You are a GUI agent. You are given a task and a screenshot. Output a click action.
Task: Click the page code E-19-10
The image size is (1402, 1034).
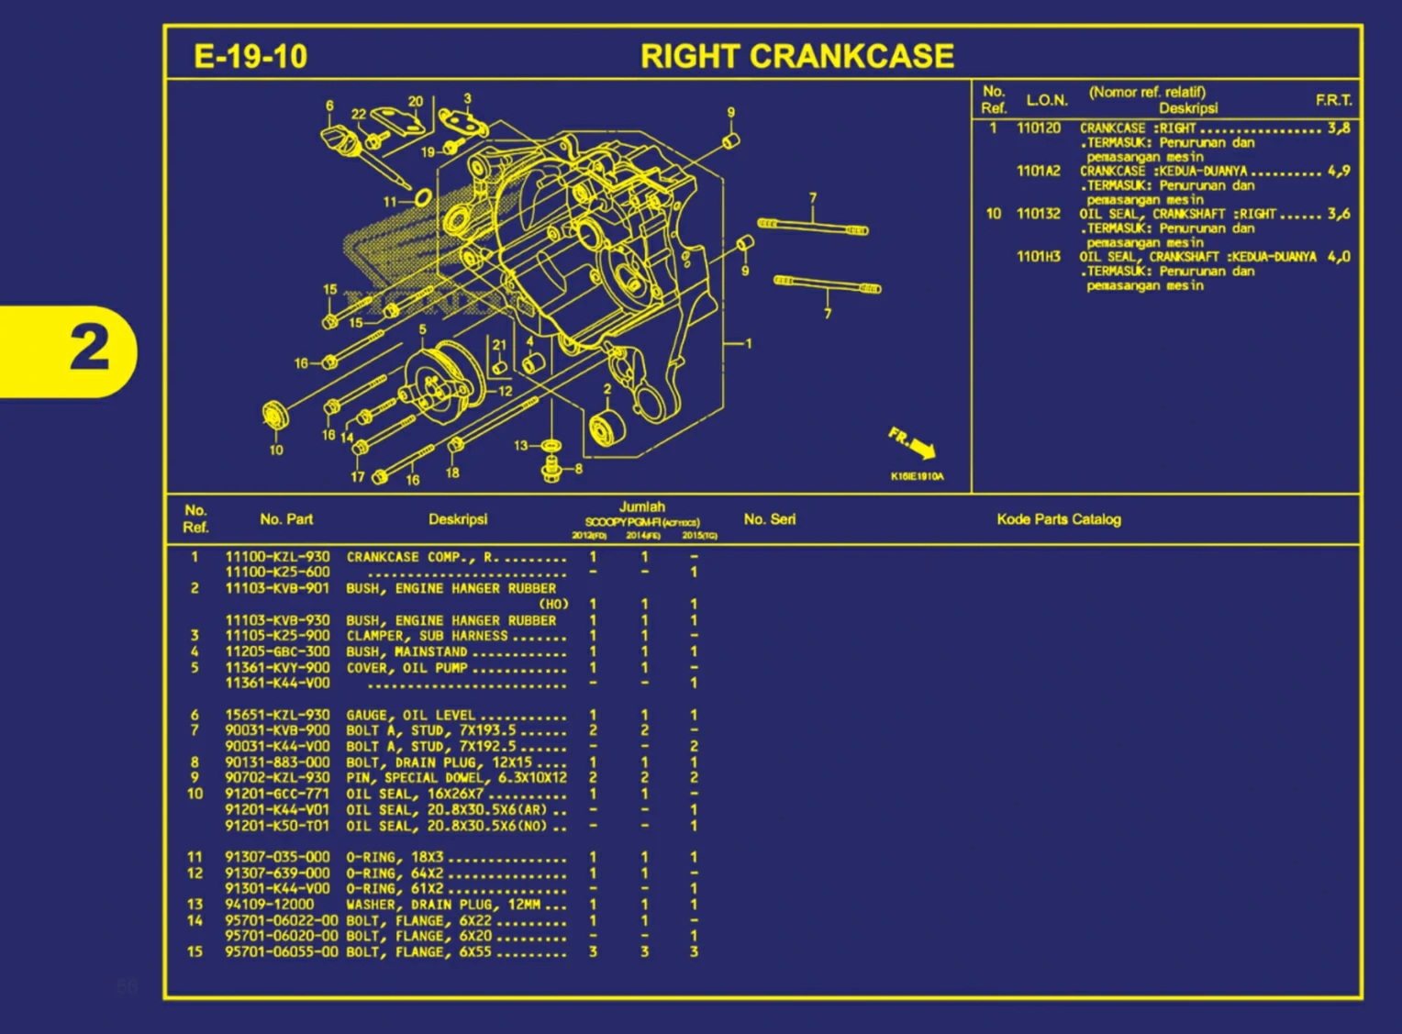coord(250,57)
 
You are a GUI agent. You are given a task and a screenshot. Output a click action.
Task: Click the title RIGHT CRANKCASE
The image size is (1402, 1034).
coord(796,57)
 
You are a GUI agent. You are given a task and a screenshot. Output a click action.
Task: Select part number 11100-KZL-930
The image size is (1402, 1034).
coord(277,557)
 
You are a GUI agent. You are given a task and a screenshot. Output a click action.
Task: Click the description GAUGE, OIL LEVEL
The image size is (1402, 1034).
coord(410,715)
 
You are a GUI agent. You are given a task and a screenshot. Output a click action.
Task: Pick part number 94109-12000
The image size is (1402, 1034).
coord(269,904)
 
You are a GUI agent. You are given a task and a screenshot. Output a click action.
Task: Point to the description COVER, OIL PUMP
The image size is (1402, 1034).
coord(406,668)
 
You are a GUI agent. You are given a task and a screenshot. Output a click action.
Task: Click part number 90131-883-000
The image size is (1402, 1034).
coord(277,762)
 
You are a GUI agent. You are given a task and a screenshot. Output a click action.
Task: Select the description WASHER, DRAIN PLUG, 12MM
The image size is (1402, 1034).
coord(443,904)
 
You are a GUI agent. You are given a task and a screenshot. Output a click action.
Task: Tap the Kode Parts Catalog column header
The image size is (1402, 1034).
coord(1058,519)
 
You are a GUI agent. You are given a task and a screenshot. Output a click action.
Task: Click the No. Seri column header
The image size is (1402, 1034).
coord(769,519)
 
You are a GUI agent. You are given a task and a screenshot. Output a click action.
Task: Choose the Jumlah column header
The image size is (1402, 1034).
coord(641,506)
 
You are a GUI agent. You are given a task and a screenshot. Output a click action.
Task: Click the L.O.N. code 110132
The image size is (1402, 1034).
coord(1038,214)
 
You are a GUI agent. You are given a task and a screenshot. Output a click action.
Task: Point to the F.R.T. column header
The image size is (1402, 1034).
coord(1333,100)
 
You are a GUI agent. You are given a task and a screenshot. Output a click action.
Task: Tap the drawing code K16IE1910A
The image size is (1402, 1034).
coord(916,476)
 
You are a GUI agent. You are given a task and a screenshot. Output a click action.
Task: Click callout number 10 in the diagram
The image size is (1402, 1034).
coord(276,450)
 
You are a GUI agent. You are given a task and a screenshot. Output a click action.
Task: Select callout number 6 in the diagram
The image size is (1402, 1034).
coord(329,106)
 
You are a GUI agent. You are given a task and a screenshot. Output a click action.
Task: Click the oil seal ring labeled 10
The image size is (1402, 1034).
coord(275,415)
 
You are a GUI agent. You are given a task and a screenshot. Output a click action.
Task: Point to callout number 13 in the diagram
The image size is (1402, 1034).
coord(520,446)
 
